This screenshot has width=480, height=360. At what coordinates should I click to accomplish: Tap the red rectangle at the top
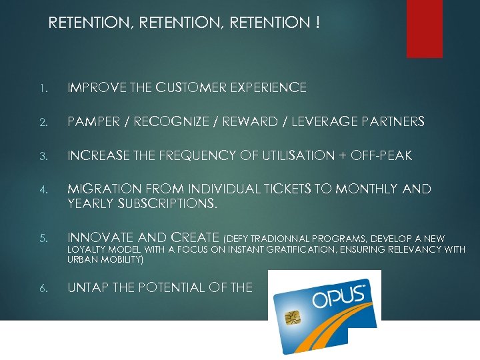(x=425, y=28)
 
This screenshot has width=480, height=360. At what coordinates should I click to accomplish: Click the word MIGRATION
(x=103, y=190)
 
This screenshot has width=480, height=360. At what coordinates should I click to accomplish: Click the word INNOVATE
(x=99, y=237)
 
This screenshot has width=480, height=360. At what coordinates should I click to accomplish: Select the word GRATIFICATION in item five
(x=294, y=249)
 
